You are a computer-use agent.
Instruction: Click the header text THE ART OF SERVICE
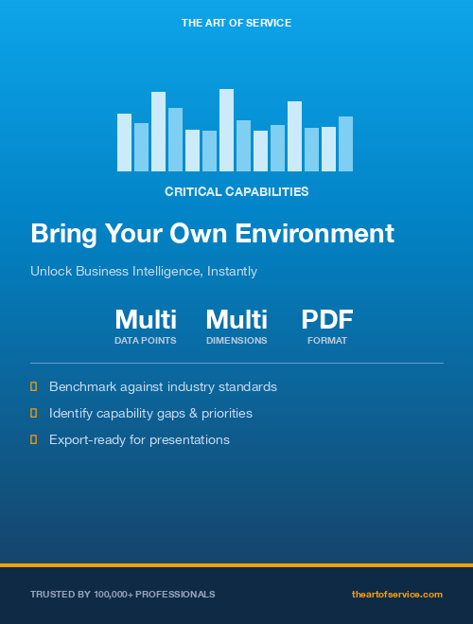tap(236, 22)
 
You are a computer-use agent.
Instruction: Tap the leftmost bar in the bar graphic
tap(124, 142)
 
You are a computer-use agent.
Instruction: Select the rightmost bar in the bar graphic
tap(345, 144)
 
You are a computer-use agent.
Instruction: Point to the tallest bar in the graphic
tap(226, 130)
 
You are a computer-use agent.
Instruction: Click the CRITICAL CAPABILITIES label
tap(236, 191)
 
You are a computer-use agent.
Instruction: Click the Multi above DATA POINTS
tap(146, 319)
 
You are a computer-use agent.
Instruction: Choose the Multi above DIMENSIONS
tap(236, 319)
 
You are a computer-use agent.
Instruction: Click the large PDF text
tap(327, 319)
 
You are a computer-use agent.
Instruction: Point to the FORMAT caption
tap(327, 340)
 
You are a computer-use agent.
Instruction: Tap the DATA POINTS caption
tap(146, 340)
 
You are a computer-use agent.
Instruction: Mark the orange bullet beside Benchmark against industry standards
tap(34, 386)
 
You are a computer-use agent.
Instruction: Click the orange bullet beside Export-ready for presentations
tap(34, 439)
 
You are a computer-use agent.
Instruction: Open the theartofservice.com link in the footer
tap(396, 594)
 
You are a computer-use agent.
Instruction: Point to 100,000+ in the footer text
tap(116, 594)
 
